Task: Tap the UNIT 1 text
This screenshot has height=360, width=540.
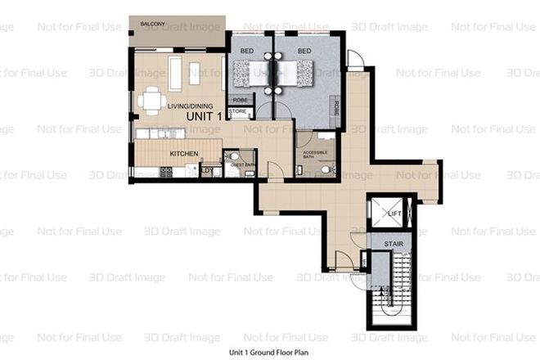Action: pyautogui.click(x=205, y=118)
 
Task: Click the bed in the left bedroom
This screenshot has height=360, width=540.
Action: pyautogui.click(x=249, y=73)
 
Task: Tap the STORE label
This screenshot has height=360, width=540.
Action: pyautogui.click(x=237, y=111)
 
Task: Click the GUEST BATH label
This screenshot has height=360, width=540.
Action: pyautogui.click(x=244, y=165)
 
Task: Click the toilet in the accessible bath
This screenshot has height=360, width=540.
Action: pyautogui.click(x=326, y=169)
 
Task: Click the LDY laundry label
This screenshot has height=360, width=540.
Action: pyautogui.click(x=205, y=171)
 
